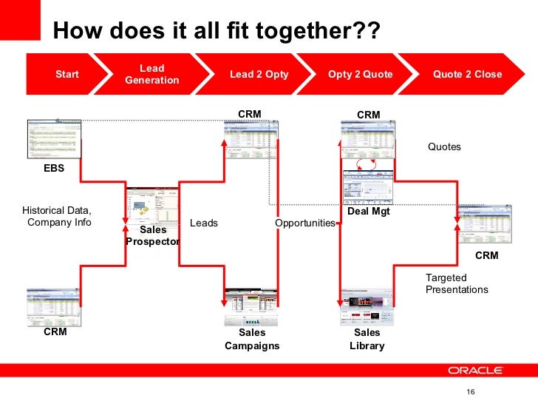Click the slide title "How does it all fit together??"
[217, 31]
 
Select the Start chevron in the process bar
[67, 74]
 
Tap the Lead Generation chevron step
[152, 74]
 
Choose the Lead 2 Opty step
[259, 74]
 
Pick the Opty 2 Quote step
[361, 74]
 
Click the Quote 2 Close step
[467, 74]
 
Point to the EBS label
[54, 168]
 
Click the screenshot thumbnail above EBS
[54, 138]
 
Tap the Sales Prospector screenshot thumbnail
[153, 206]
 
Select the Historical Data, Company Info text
[57, 216]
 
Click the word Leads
[204, 223]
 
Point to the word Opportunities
[305, 223]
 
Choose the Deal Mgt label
[368, 212]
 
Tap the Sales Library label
[367, 339]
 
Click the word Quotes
[444, 147]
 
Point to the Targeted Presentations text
[457, 283]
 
